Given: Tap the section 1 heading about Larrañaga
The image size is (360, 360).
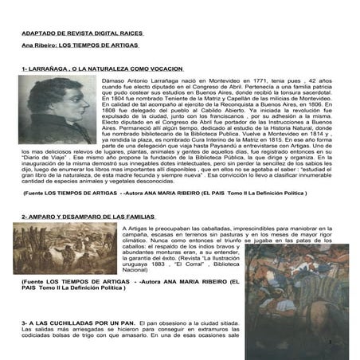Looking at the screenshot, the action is (97, 69).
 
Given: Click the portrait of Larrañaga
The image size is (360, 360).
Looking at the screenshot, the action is (55, 110).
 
